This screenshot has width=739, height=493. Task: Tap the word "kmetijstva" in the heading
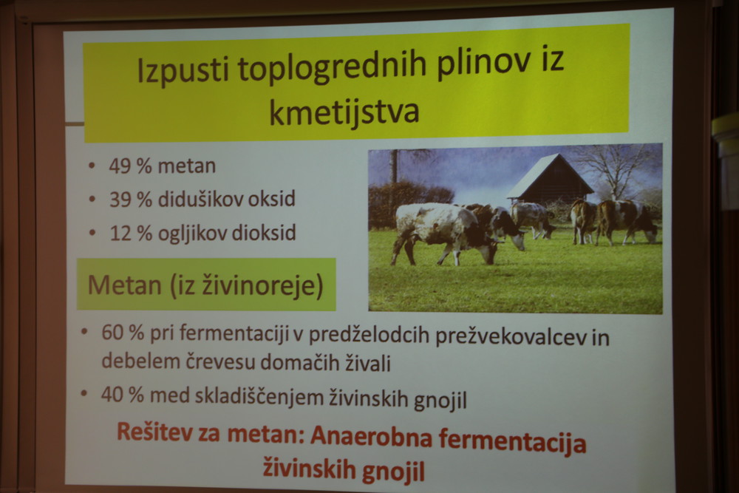(344, 112)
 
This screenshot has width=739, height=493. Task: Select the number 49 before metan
(120, 166)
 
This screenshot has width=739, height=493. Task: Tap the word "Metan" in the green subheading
(124, 285)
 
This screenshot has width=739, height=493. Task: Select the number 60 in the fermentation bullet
(112, 333)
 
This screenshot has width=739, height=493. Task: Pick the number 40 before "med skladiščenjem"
(112, 395)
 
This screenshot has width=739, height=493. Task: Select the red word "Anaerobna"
(371, 437)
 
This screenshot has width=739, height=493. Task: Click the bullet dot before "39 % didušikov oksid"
(92, 199)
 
